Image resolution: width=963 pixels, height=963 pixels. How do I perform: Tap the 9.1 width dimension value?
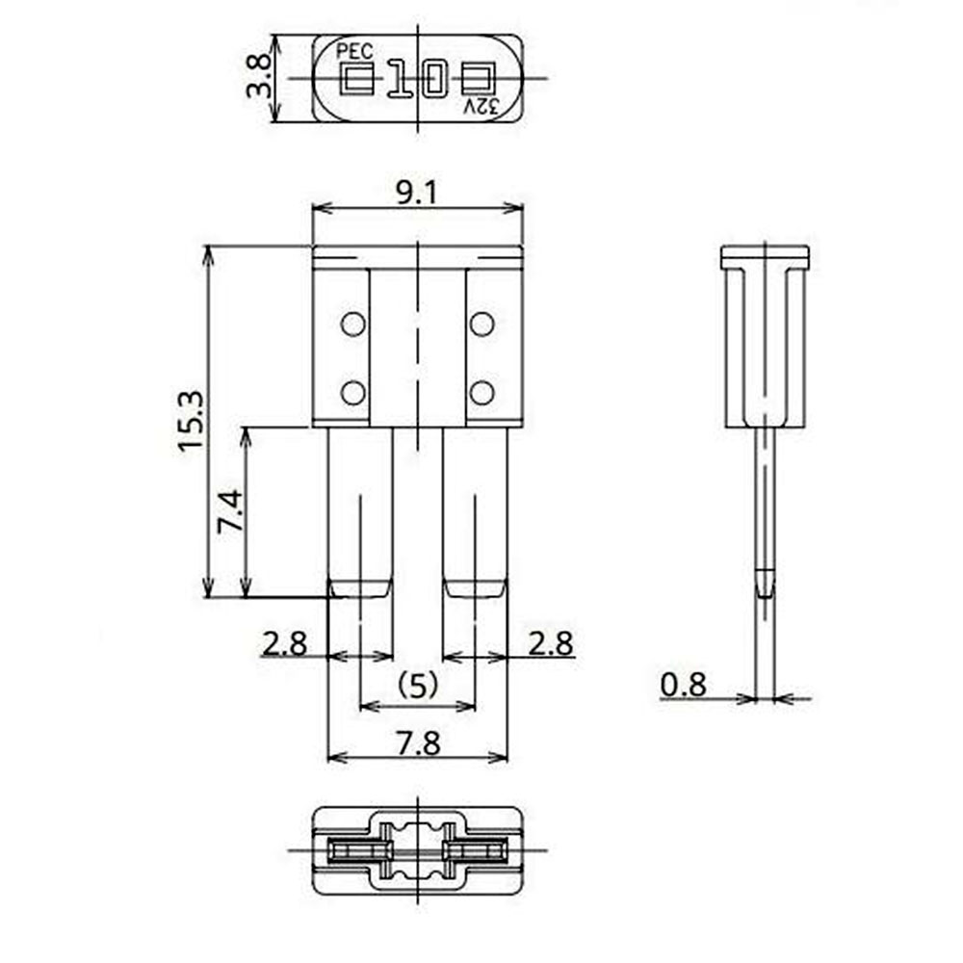(x=417, y=193)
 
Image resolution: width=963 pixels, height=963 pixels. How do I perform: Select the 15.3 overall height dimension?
(x=190, y=421)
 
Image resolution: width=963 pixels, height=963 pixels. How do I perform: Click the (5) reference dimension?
(x=418, y=685)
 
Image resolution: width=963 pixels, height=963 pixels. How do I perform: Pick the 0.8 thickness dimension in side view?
(x=684, y=685)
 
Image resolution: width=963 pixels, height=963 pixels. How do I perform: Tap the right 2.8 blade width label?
(x=550, y=642)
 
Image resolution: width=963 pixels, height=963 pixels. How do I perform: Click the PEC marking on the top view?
(x=353, y=51)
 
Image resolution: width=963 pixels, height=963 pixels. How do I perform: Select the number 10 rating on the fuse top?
(x=418, y=79)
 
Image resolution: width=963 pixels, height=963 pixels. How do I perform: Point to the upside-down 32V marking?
(x=481, y=107)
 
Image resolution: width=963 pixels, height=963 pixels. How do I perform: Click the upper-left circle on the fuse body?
(x=353, y=325)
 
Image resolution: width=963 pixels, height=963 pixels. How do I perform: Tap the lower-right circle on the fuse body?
(x=481, y=392)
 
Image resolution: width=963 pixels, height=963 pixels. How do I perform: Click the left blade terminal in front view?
(x=361, y=510)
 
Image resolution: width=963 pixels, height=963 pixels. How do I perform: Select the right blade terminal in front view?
(x=475, y=510)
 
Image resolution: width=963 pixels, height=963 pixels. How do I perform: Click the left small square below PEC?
(x=356, y=79)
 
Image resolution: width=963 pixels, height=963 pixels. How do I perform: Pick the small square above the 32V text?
(x=479, y=79)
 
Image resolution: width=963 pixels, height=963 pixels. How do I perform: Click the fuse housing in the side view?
(x=765, y=337)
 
